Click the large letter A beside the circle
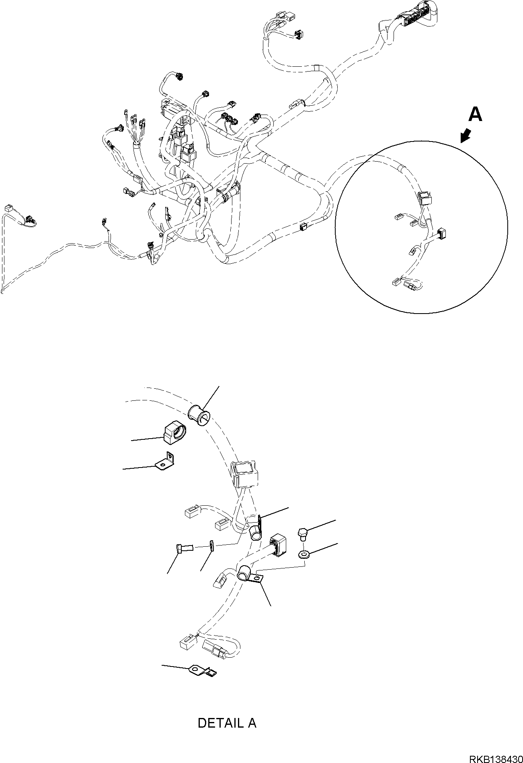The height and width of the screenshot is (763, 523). [x=475, y=115]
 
